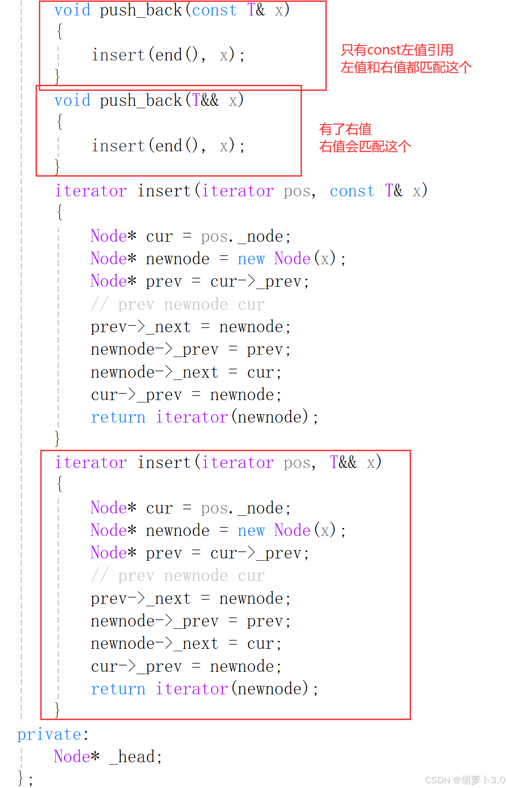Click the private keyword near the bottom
(x=49, y=734)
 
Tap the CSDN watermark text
(x=464, y=780)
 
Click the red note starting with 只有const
(x=397, y=50)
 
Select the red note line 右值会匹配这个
(x=365, y=146)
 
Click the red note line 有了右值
(x=345, y=129)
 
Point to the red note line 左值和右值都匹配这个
(x=406, y=67)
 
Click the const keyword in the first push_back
(x=214, y=10)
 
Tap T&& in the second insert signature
(x=343, y=462)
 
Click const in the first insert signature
(x=352, y=191)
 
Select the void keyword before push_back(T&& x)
(x=72, y=100)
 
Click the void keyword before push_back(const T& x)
(x=72, y=10)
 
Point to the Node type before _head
(x=71, y=757)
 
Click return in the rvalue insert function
(x=118, y=689)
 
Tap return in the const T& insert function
(x=118, y=417)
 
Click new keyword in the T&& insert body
(x=251, y=530)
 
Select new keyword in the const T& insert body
(x=251, y=259)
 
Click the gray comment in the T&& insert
(x=178, y=576)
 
